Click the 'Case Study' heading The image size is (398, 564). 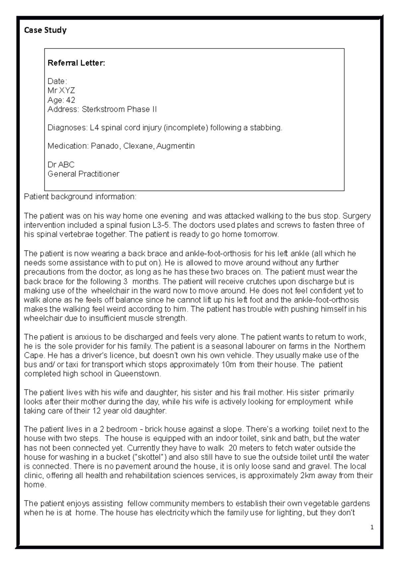45,30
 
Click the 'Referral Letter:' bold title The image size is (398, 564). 76,63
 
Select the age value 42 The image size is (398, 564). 71,100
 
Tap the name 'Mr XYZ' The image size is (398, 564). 61,91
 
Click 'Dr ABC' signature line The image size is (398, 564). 61,165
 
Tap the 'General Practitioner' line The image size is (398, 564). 83,174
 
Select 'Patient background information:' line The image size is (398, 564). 80,197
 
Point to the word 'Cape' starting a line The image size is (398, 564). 32,355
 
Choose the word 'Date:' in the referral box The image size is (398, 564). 57,81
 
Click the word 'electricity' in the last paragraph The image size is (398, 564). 171,513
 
